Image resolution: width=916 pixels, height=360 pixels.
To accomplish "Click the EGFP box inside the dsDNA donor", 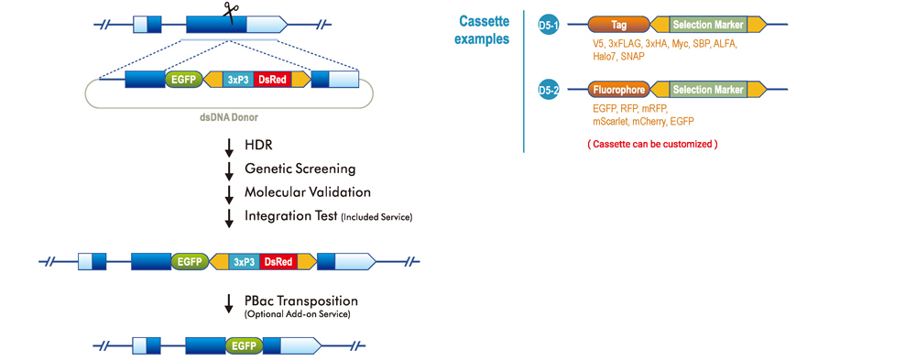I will (x=183, y=80).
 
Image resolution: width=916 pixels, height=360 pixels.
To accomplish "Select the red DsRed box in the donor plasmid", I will (x=272, y=80).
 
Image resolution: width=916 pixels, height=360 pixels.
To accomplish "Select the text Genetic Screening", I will (x=300, y=169).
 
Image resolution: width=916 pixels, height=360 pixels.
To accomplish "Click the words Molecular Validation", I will (x=307, y=192).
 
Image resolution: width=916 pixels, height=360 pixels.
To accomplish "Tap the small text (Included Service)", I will (x=377, y=217).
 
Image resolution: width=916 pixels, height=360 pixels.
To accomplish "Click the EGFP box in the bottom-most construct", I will (x=244, y=346).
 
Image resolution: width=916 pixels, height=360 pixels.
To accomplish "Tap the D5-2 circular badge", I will (x=549, y=90).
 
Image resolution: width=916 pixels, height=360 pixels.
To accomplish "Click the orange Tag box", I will (x=618, y=25).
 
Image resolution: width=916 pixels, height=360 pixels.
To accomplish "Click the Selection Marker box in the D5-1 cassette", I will (x=708, y=25).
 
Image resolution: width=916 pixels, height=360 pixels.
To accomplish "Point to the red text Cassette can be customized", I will (x=651, y=144).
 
